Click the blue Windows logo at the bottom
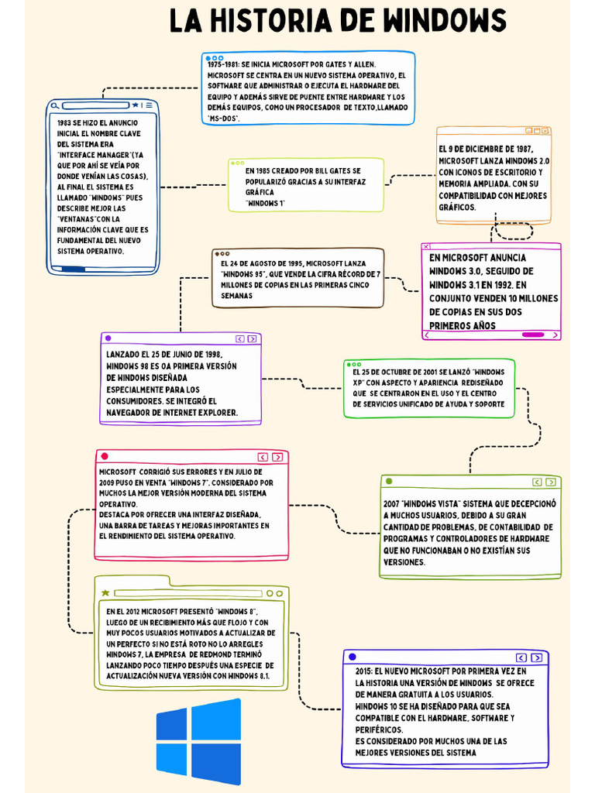198,741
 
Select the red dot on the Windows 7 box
105,457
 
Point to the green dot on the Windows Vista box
389,482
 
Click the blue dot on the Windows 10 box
353,657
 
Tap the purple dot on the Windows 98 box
108,338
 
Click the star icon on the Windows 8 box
105,593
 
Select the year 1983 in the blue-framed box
64,123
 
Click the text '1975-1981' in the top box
223,64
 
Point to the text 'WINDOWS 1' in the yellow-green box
265,203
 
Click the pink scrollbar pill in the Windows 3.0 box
533,335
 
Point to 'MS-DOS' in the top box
224,118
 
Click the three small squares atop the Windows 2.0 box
538,132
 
